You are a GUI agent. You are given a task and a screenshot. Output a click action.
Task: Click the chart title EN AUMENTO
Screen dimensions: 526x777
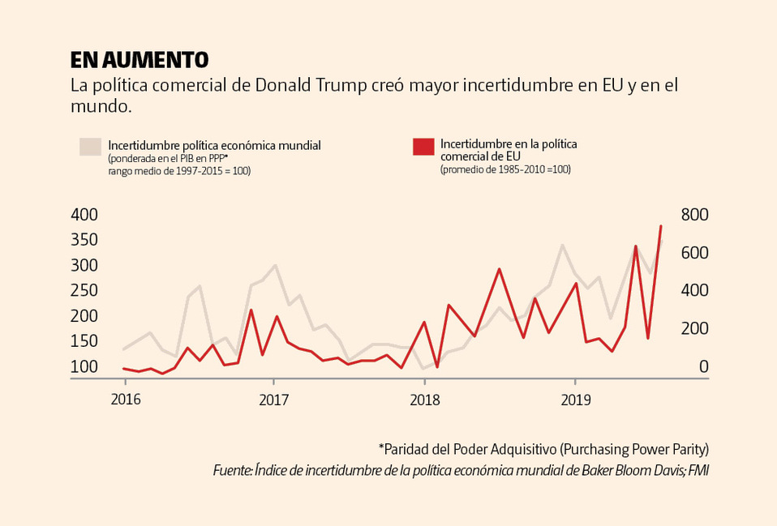tap(140, 60)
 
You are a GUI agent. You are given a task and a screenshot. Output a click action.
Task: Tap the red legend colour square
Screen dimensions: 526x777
tap(423, 146)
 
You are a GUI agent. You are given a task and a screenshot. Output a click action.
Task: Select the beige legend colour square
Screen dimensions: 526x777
tap(90, 146)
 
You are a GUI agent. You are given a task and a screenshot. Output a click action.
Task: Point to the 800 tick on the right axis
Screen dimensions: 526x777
tap(694, 215)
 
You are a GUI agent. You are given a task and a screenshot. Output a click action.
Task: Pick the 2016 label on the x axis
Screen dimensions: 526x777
tap(125, 400)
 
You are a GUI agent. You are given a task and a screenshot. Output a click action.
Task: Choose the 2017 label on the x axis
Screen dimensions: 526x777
tap(274, 400)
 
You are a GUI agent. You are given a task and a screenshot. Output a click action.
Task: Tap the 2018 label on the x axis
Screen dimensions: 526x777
tap(425, 400)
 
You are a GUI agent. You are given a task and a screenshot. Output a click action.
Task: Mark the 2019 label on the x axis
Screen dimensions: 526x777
tap(575, 400)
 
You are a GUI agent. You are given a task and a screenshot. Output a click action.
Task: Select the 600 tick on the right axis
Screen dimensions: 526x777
tap(694, 253)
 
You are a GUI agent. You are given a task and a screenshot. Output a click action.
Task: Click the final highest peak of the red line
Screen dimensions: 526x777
tap(660, 226)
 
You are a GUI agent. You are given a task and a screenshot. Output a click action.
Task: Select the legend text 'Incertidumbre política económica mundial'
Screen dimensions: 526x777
tap(215, 146)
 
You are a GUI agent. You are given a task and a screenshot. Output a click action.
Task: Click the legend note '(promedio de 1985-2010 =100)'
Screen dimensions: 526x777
tap(505, 170)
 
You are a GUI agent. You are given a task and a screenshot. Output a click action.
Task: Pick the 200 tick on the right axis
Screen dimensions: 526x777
tap(694, 328)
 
